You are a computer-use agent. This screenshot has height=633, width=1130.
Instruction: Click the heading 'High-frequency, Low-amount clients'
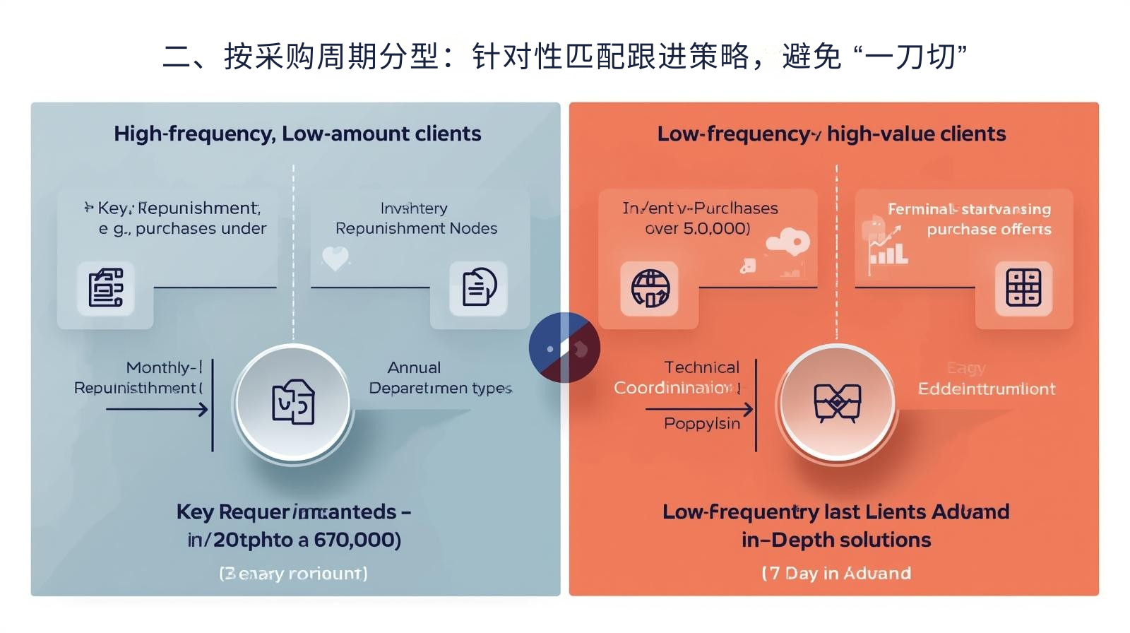[x=297, y=134]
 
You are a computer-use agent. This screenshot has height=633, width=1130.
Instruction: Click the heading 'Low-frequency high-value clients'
[x=831, y=134]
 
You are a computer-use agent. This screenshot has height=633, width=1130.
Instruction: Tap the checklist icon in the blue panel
[x=105, y=288]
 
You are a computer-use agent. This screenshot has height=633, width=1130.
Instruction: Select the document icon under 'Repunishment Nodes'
[x=479, y=288]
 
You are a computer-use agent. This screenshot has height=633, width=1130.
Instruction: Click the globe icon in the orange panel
[x=650, y=288]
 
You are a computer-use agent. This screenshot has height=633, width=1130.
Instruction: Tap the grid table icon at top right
[x=1023, y=288]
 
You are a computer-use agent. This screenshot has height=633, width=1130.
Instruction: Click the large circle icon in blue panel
[x=294, y=402]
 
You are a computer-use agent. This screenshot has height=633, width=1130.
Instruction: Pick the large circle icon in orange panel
[x=837, y=402]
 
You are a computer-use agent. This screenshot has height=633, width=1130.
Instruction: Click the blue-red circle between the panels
[x=564, y=348]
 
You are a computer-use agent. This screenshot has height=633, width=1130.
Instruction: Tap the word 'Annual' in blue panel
[x=414, y=367]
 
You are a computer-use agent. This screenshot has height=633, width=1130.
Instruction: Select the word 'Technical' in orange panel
[x=701, y=367]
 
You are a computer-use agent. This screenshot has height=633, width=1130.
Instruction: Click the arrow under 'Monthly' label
[x=157, y=409]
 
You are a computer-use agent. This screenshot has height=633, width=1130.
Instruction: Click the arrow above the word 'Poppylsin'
[x=699, y=409]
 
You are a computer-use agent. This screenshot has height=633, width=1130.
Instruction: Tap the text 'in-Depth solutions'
[x=836, y=540]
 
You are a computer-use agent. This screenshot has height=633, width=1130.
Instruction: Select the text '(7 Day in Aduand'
[x=836, y=573]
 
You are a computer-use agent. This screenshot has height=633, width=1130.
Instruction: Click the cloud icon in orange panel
[x=787, y=243]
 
